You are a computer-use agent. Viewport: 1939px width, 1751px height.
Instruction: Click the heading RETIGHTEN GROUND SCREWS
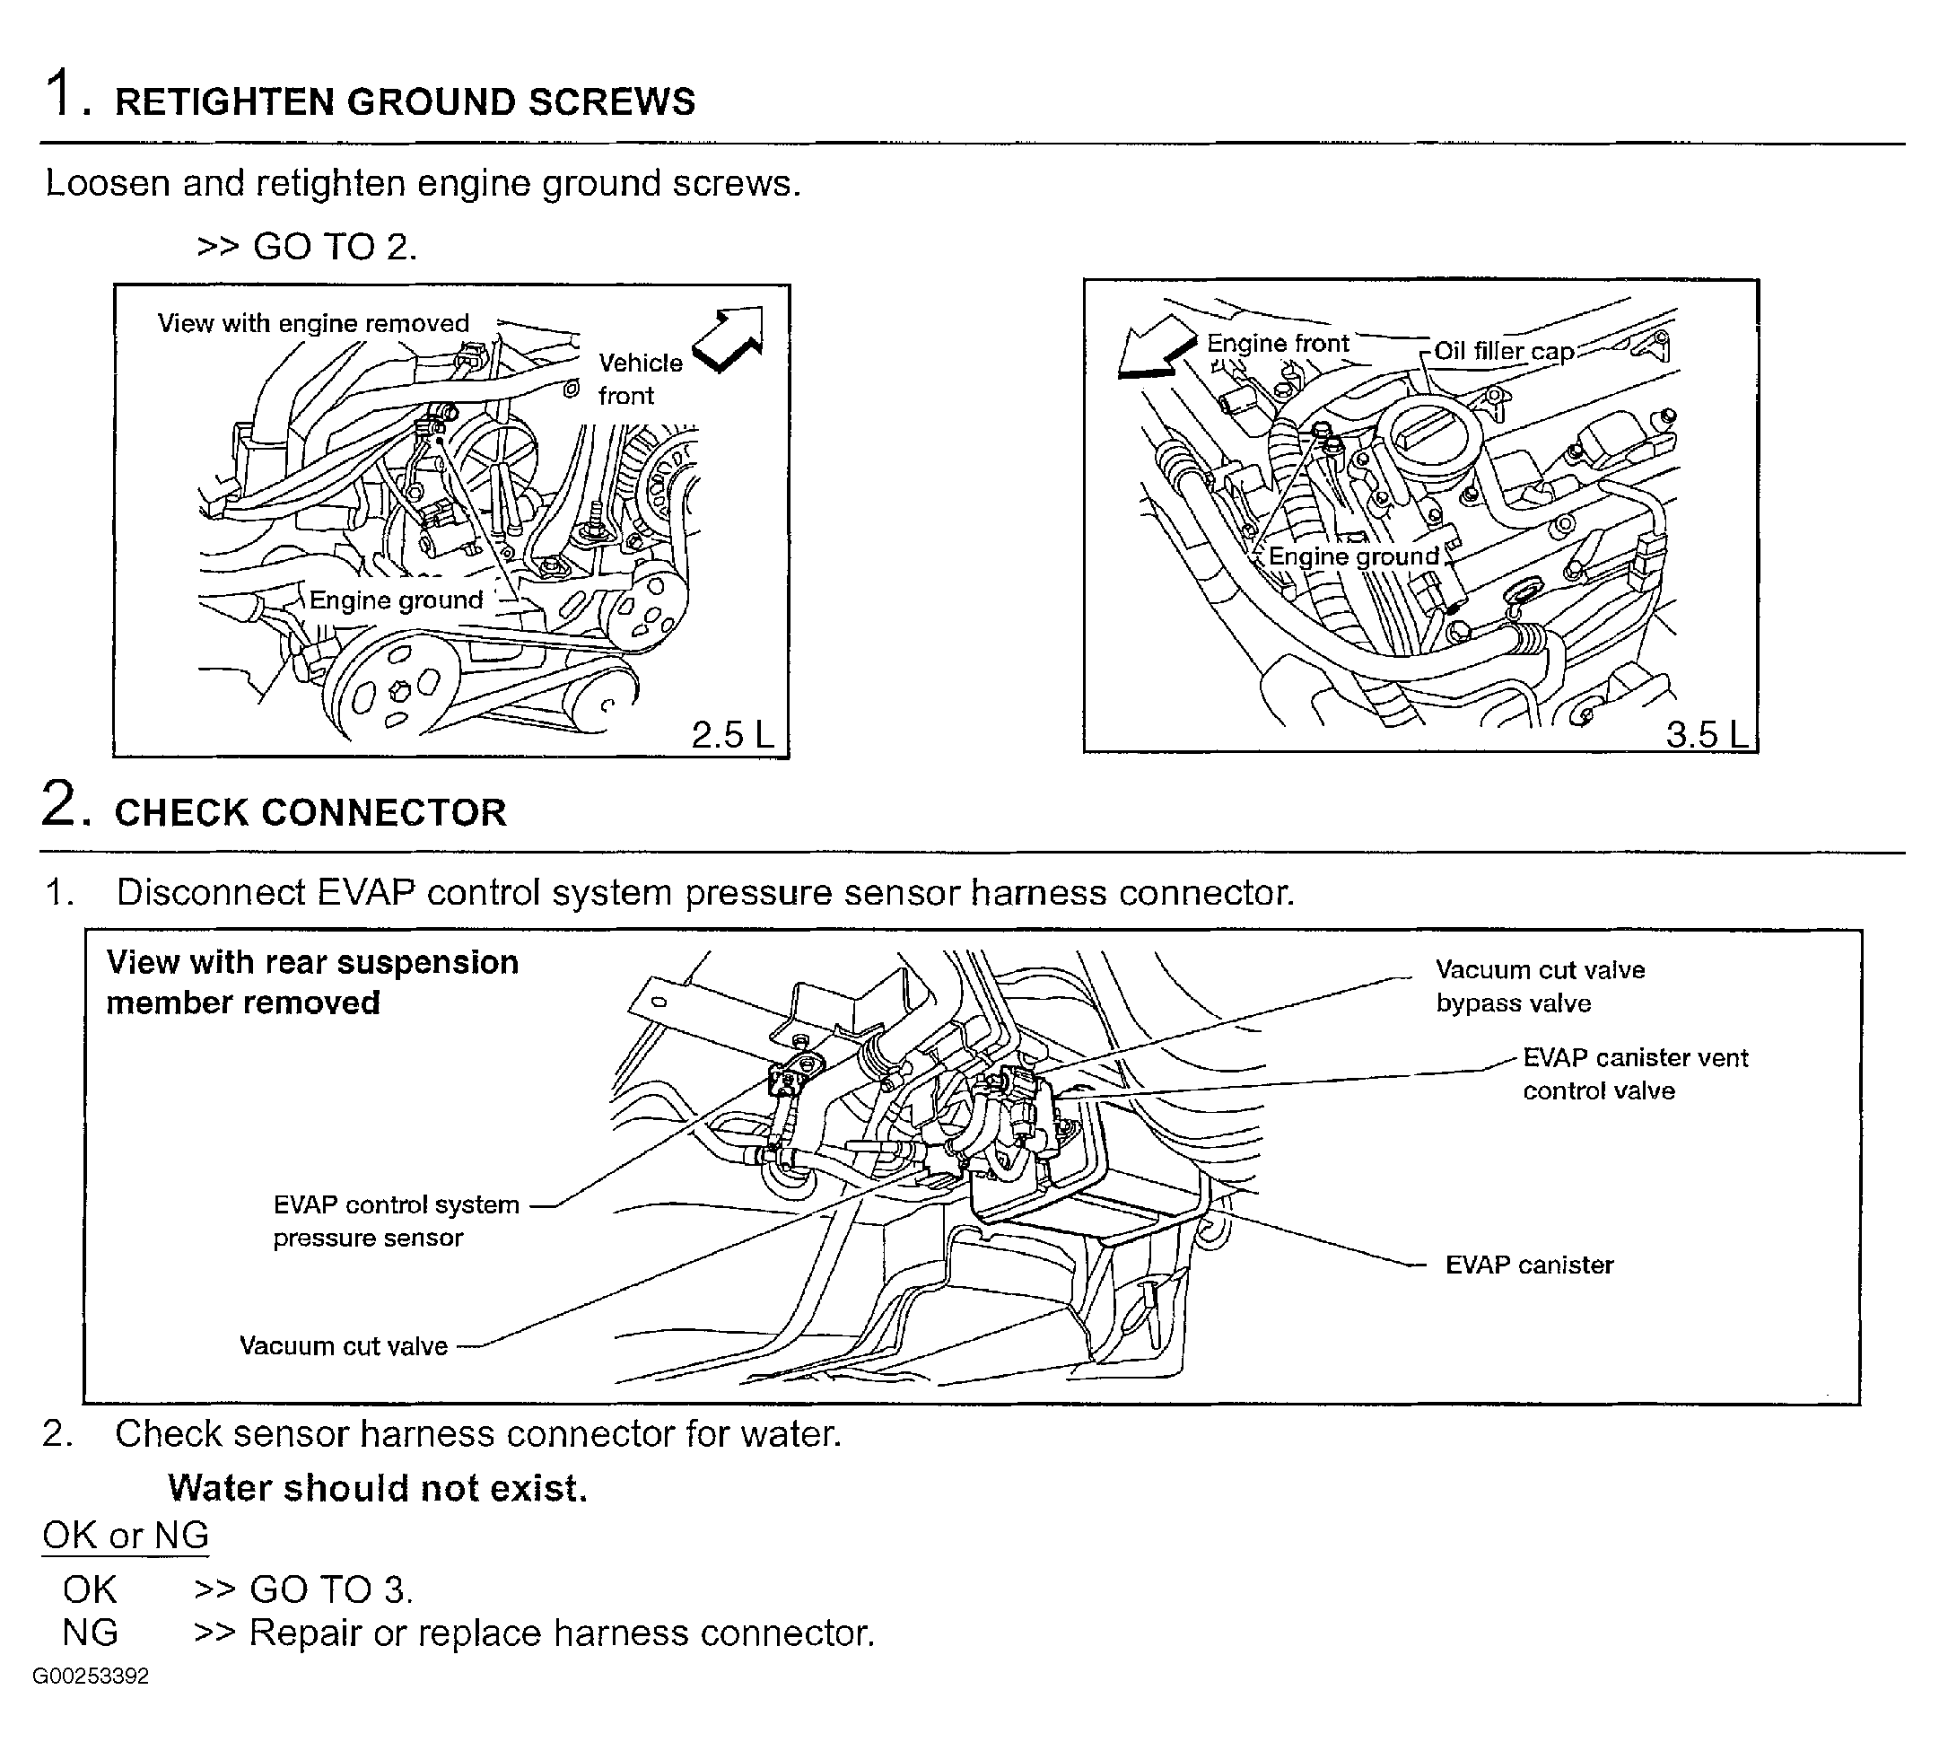coord(404,102)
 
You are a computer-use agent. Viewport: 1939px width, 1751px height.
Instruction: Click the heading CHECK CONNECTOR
coord(310,813)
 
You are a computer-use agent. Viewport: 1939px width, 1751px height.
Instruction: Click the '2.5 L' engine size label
coord(732,735)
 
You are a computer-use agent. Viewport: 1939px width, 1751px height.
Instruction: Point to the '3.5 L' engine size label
coord(1707,735)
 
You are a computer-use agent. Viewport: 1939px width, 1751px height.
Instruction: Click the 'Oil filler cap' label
coord(1503,351)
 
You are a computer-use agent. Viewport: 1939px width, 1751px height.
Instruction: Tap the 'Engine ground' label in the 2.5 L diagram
coord(396,600)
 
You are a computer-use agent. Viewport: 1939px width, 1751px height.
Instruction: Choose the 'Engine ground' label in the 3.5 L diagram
coord(1353,556)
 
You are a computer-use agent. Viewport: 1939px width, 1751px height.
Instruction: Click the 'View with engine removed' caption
coord(313,323)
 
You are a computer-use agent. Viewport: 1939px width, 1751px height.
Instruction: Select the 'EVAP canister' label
coord(1529,1265)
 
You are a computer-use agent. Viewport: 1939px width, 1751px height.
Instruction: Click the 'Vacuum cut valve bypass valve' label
coord(1540,986)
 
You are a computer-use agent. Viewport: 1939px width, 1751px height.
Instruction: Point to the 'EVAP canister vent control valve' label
coord(1634,1073)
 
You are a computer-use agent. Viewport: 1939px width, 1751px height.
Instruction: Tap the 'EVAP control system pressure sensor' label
coord(396,1221)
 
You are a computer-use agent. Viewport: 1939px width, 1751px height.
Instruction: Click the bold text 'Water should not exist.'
coord(377,1488)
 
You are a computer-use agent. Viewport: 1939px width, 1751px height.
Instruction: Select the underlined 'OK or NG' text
coord(125,1536)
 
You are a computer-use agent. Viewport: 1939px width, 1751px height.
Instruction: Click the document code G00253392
coord(91,1677)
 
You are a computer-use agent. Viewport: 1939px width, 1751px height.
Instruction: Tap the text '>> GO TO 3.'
coord(303,1589)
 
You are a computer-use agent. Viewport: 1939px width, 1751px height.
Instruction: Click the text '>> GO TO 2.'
coord(307,247)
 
